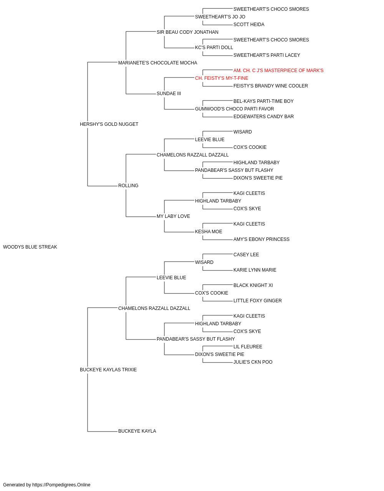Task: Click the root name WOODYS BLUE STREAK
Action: [30, 247]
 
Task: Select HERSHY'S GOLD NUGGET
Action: [109, 124]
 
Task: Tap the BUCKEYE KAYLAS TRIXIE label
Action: [108, 370]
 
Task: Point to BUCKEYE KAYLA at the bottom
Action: [137, 431]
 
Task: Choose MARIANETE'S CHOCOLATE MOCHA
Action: [157, 63]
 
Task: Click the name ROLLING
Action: [128, 186]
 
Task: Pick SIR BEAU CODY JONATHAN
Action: [187, 32]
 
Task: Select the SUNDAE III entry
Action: [169, 94]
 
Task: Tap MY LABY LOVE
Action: [173, 216]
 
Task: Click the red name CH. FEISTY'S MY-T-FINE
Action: [222, 78]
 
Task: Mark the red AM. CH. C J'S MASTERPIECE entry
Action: [278, 71]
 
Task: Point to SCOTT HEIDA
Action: [249, 25]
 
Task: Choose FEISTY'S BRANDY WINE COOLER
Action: [270, 86]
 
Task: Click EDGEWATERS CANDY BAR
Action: [263, 117]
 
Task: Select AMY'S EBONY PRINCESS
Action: [261, 239]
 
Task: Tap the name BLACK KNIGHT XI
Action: [253, 285]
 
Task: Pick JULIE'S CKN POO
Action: [253, 362]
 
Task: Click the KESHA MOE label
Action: [209, 232]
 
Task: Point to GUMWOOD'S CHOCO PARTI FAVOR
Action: [234, 109]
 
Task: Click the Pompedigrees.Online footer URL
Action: [61, 485]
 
